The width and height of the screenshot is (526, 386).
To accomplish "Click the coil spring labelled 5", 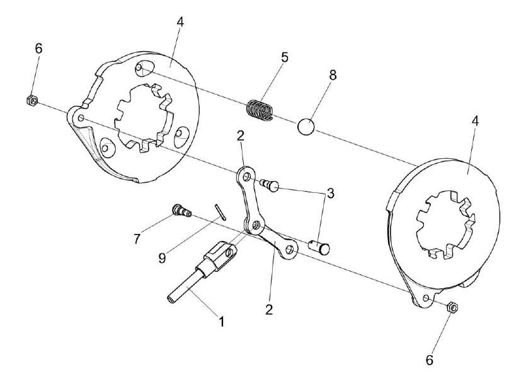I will (261, 108).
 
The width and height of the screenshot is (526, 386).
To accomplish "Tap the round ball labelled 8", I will (306, 126).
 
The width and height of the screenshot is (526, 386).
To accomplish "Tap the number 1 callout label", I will (221, 321).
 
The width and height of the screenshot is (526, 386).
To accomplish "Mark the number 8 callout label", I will (333, 74).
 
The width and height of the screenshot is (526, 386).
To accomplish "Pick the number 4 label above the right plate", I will (475, 122).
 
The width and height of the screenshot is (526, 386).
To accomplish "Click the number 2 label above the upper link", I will (240, 136).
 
